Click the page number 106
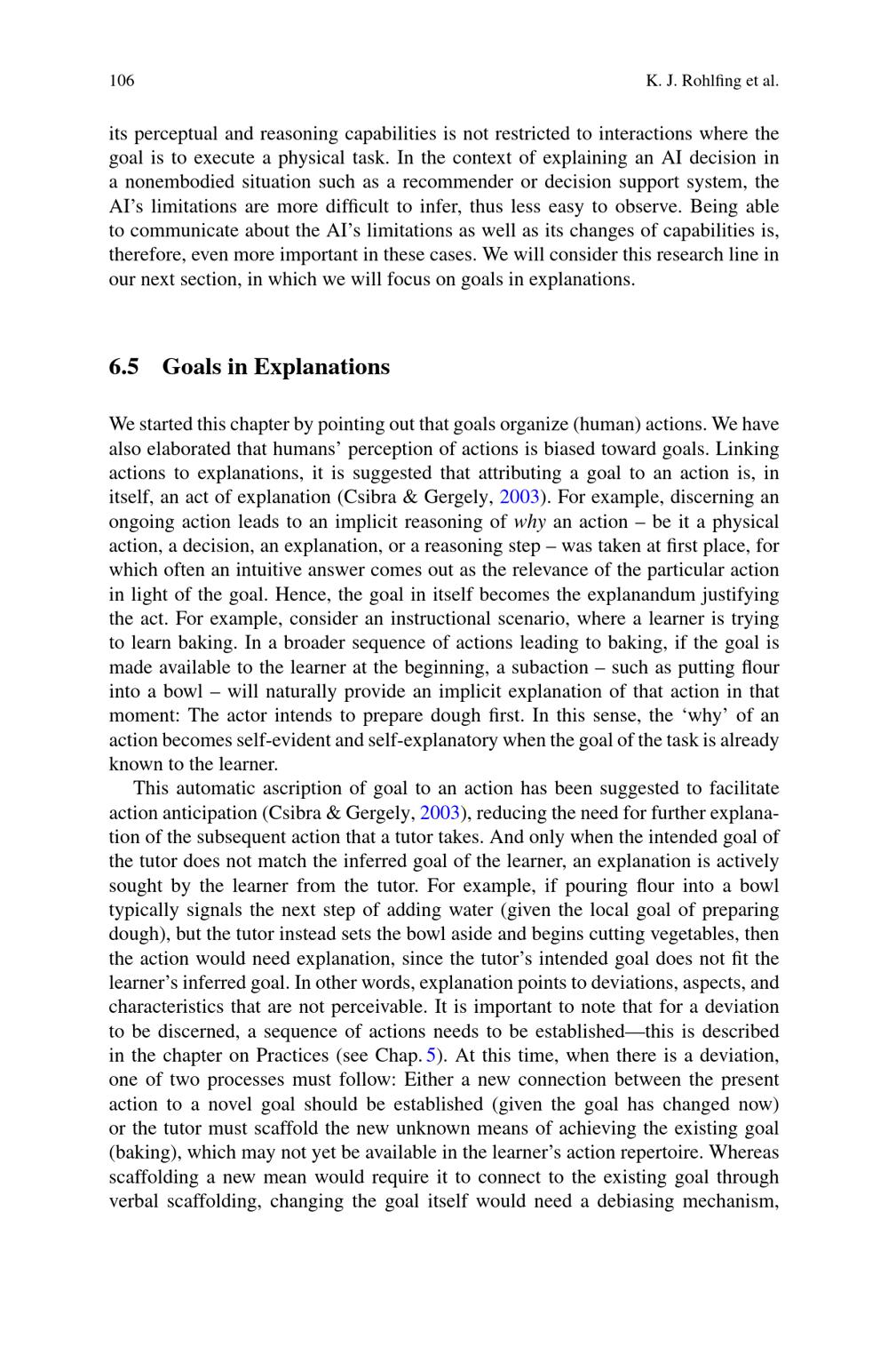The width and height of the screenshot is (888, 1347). coord(122,81)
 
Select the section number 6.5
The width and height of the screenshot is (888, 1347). coord(123,367)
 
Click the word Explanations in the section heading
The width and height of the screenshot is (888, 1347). coord(321,367)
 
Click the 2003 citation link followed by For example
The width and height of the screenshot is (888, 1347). coord(519,497)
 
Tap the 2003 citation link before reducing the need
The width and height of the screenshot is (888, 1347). coord(439,812)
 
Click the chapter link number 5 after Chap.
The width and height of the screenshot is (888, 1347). coord(432,1056)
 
